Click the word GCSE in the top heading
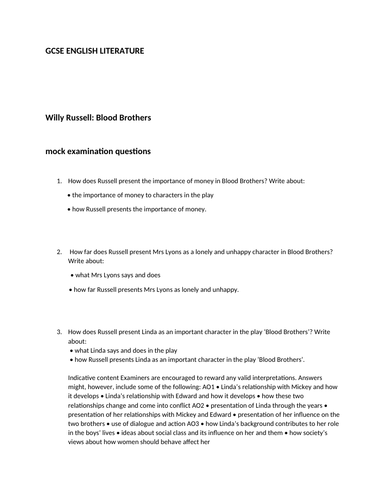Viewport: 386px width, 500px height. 58,50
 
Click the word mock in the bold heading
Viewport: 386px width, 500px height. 58,150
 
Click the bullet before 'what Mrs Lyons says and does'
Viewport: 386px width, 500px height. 72,274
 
